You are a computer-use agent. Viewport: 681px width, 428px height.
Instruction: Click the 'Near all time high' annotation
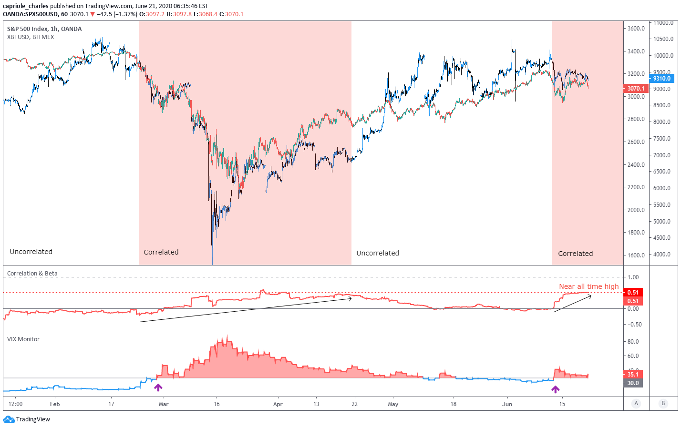click(588, 286)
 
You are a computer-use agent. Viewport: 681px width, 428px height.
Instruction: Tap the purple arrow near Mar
click(158, 387)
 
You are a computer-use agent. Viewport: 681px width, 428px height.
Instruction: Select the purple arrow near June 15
click(556, 389)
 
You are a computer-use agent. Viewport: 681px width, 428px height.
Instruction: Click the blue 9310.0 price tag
click(661, 79)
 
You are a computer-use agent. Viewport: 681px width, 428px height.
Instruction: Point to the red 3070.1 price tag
click(635, 89)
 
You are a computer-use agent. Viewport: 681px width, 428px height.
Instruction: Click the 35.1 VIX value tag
click(633, 375)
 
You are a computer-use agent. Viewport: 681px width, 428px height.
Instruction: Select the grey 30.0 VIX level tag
click(633, 383)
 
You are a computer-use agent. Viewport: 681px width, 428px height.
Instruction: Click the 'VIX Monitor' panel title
click(23, 339)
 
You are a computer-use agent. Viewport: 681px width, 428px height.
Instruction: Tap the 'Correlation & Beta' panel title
click(32, 274)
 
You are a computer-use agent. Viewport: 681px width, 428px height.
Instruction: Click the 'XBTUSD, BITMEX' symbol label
click(31, 37)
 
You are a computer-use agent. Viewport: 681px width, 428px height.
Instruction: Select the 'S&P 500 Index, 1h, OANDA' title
click(44, 29)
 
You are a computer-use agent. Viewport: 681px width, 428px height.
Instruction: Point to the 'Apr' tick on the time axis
click(278, 404)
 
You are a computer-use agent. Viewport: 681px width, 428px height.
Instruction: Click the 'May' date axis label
click(393, 404)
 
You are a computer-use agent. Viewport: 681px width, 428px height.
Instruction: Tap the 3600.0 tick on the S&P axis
click(636, 29)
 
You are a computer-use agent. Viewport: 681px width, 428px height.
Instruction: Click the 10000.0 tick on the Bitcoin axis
click(663, 56)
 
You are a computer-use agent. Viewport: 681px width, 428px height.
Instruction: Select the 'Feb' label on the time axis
click(55, 404)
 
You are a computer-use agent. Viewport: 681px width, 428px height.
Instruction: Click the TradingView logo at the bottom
click(27, 419)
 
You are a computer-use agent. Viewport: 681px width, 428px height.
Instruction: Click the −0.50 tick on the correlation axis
click(634, 325)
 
